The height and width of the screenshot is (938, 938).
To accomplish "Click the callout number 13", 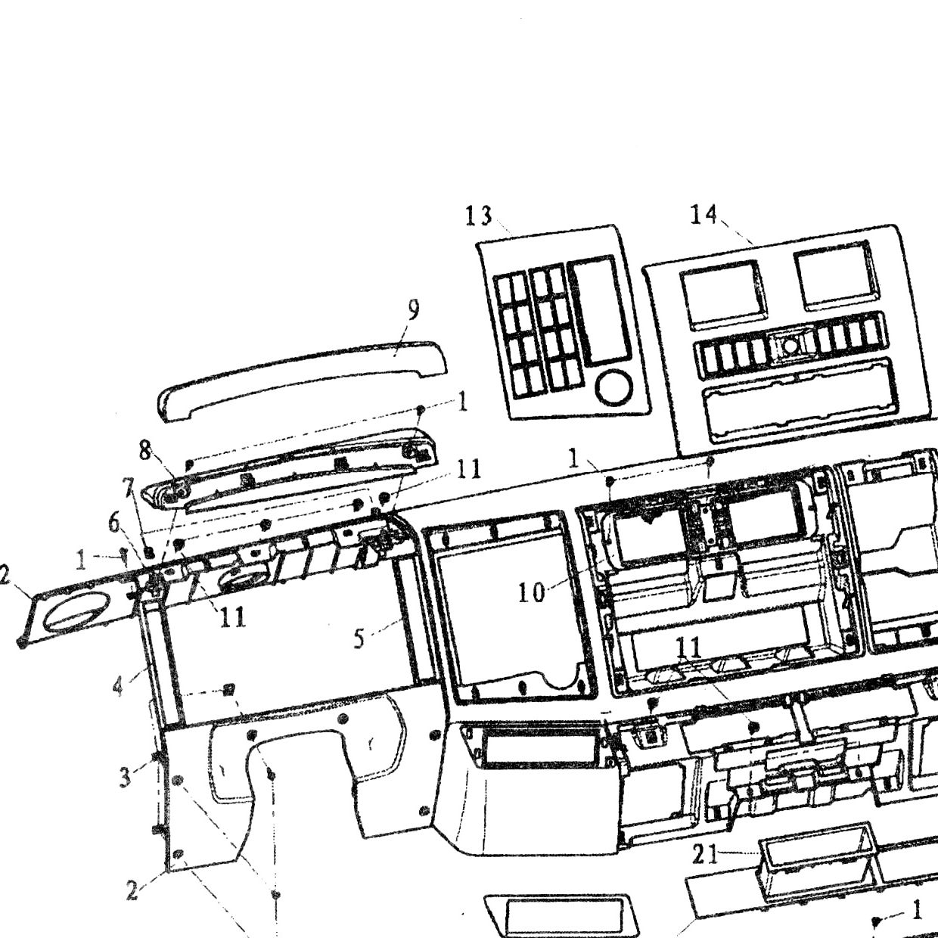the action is pyautogui.click(x=479, y=216).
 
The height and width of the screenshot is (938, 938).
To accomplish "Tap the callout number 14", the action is pyautogui.click(x=703, y=214).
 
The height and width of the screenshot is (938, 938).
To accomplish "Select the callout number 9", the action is pyautogui.click(x=413, y=311).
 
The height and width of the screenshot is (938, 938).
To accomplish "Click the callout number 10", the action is pyautogui.click(x=531, y=593).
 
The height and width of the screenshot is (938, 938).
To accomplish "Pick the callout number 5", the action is pyautogui.click(x=359, y=638).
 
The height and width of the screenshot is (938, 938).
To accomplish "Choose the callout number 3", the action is pyautogui.click(x=126, y=778).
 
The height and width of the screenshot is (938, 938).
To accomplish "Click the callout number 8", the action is pyautogui.click(x=145, y=452).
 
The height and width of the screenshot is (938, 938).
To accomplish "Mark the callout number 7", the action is pyautogui.click(x=130, y=487).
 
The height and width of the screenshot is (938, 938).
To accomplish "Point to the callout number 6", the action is pyautogui.click(x=114, y=523).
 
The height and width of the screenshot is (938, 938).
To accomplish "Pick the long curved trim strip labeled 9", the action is pyautogui.click(x=302, y=377).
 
